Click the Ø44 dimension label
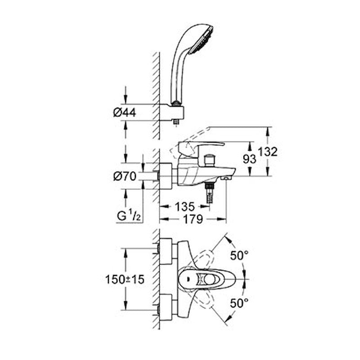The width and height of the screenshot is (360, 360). pos(125,113)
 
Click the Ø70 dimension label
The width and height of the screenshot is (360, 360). pos(125,177)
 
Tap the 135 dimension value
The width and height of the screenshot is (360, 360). pos(185,207)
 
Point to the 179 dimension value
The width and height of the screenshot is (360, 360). pos(193,219)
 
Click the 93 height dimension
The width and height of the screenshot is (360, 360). pos(250,158)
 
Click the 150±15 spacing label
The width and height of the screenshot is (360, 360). pos(125,279)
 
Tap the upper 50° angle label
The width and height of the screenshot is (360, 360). pos(239,255)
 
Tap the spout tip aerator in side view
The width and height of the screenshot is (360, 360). pos(226,179)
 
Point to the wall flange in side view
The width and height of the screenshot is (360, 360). pos(167,176)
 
